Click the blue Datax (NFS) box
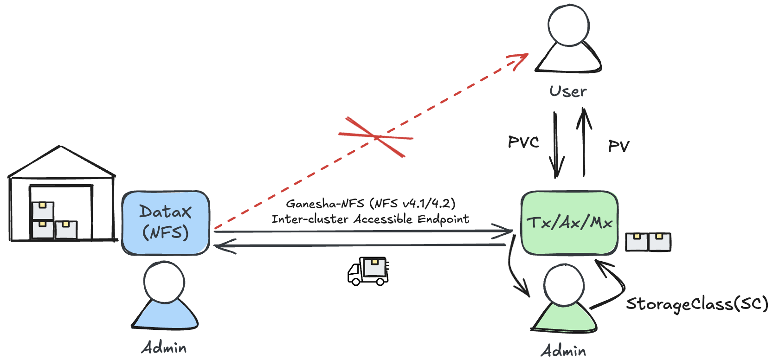point(166,223)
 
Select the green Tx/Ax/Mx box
point(569,223)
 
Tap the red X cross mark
point(376,137)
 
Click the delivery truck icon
point(368,271)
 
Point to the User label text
point(568,91)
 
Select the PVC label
point(523,142)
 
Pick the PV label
point(618,147)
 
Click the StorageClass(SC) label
point(697,304)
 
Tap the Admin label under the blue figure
point(164,347)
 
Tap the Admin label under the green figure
point(563,351)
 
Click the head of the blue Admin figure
point(164,282)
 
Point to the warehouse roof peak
point(59,147)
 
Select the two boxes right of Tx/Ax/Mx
point(648,242)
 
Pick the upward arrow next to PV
point(584,141)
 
